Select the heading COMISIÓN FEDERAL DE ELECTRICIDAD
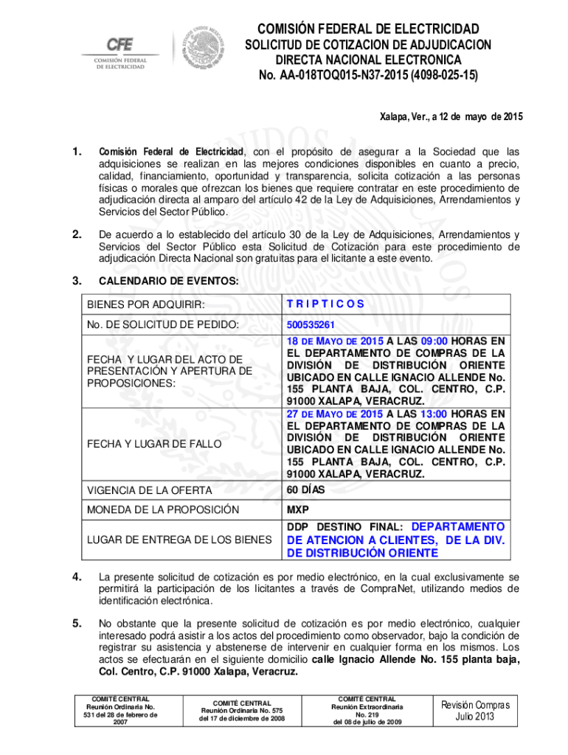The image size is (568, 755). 367,29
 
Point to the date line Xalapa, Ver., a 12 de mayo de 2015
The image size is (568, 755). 451,116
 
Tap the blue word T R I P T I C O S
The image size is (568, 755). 325,303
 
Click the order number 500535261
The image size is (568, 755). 311,324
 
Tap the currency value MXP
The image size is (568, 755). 298,509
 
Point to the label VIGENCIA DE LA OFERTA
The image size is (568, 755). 150,490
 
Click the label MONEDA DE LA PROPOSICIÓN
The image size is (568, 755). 163,509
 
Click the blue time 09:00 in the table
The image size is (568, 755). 433,341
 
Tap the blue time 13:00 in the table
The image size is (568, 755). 433,414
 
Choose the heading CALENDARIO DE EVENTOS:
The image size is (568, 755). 158,281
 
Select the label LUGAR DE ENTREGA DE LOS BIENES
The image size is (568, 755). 179,540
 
